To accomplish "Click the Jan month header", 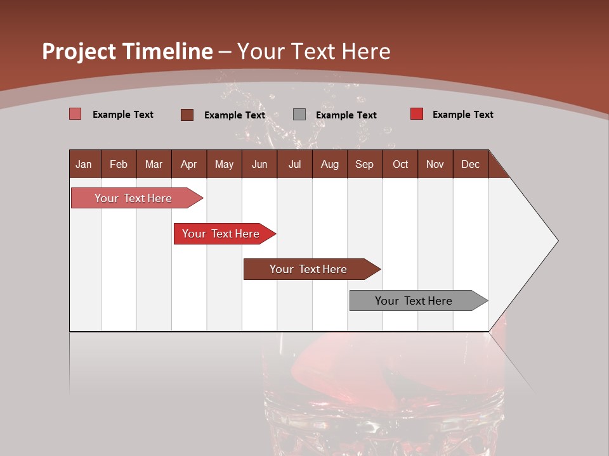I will [84, 164].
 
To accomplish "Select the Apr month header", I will [188, 164].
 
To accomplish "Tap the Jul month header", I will [294, 164].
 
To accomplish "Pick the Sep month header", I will [364, 164].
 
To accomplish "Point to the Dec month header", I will [470, 164].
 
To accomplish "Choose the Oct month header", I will [400, 164].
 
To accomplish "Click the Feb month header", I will [119, 164].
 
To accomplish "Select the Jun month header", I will [259, 164].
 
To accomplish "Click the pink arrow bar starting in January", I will [133, 198].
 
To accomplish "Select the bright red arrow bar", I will [221, 234].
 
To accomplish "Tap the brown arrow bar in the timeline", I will [308, 269].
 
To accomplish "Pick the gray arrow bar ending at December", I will [414, 301].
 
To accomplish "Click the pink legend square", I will [75, 114].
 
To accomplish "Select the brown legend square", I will [187, 115].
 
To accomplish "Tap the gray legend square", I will [299, 115].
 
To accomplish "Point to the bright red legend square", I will [416, 114].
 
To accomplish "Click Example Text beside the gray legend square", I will [346, 115].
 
